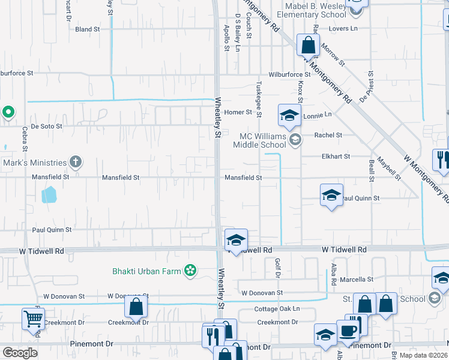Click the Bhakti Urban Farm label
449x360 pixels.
point(146,271)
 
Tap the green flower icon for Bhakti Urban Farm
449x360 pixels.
point(190,271)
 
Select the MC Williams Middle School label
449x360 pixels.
point(263,140)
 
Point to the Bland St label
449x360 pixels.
point(87,29)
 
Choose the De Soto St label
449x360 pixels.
point(43,127)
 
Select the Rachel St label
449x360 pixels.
point(328,135)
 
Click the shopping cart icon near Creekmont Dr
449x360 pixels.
point(33,319)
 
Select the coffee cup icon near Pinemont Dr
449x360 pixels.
point(348,330)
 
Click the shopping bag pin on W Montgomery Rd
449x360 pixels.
point(308,44)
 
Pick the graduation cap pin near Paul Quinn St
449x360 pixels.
point(331,195)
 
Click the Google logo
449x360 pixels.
point(19,353)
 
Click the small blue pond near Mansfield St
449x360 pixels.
point(49,194)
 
